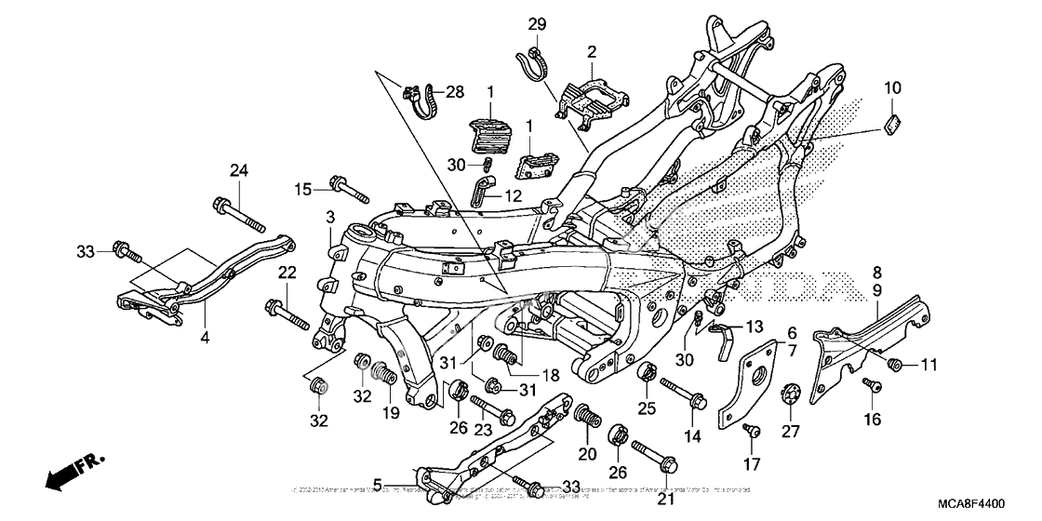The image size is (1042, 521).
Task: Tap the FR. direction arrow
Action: (x=74, y=470)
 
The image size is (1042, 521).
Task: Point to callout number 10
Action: (x=892, y=87)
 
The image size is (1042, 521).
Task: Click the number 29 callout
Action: (x=538, y=23)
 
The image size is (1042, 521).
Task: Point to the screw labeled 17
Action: (x=751, y=431)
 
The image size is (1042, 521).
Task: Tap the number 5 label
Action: (x=378, y=483)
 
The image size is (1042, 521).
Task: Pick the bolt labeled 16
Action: (x=870, y=384)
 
